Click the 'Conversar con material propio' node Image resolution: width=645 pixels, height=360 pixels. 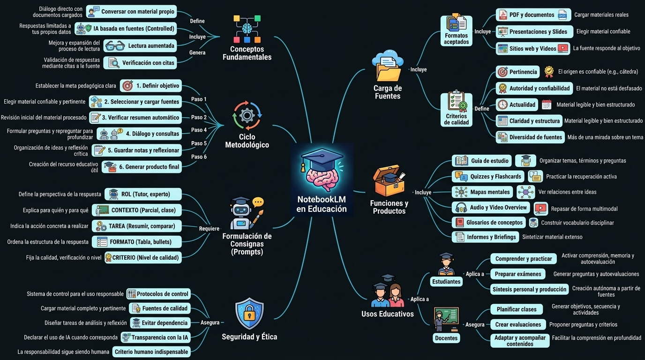point(131,12)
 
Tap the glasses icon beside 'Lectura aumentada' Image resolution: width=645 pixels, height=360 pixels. point(115,46)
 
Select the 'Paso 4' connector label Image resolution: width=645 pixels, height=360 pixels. point(199,130)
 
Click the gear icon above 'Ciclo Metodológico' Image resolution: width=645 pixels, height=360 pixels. point(247,115)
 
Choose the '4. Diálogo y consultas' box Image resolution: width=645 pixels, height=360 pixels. point(139,134)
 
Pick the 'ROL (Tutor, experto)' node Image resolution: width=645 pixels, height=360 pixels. point(143,194)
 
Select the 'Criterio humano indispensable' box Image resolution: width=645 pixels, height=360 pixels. point(151,352)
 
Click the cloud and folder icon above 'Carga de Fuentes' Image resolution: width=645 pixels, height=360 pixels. point(388,66)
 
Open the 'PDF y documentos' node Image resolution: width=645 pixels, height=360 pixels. point(533,15)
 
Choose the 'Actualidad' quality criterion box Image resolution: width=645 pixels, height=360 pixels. point(517,105)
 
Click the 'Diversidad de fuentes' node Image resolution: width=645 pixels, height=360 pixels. point(530,137)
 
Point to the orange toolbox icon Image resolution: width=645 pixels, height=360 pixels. point(389,180)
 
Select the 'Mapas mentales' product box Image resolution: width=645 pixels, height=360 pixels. point(482,192)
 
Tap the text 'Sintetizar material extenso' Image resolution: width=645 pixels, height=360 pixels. point(552,237)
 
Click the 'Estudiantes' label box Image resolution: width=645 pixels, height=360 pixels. point(446,281)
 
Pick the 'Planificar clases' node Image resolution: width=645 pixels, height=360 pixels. point(517,309)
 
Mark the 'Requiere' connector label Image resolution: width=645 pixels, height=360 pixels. point(209,229)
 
